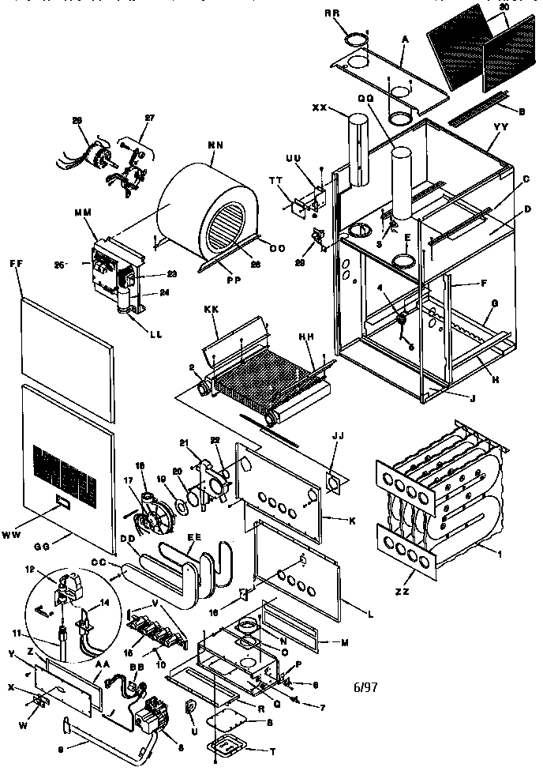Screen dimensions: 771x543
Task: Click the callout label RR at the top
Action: pyautogui.click(x=354, y=14)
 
